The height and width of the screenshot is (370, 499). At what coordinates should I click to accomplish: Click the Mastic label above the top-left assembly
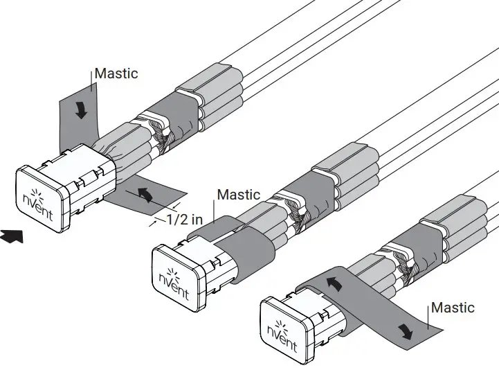tap(116, 73)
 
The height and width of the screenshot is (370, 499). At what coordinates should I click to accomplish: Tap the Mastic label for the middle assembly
tap(239, 195)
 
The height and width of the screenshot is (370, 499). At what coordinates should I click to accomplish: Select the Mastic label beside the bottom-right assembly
tap(453, 308)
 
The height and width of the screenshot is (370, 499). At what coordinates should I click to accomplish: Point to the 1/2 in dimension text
tap(184, 219)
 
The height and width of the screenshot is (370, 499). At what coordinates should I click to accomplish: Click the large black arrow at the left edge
tap(12, 237)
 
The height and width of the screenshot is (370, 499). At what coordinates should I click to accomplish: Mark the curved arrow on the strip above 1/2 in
tap(144, 194)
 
